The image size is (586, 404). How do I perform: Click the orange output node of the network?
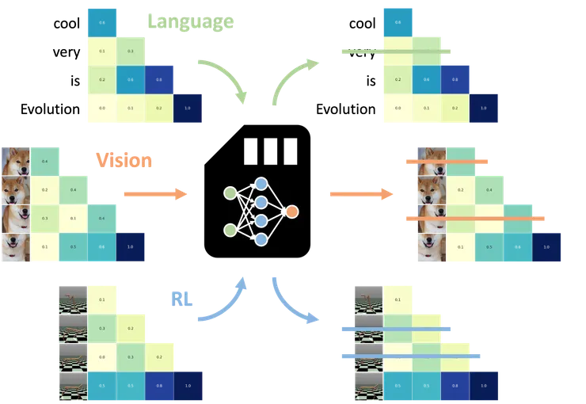292,212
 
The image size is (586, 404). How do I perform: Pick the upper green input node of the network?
230,193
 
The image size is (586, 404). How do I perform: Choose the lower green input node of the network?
230,230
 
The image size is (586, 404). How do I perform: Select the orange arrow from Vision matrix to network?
154,193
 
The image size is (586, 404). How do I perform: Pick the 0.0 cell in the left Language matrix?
101,109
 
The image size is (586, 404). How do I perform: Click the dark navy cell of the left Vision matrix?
131,246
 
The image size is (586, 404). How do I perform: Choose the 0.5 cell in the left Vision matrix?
74,246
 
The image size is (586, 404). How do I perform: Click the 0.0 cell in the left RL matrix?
102,356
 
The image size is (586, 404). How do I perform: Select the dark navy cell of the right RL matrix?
485,386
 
